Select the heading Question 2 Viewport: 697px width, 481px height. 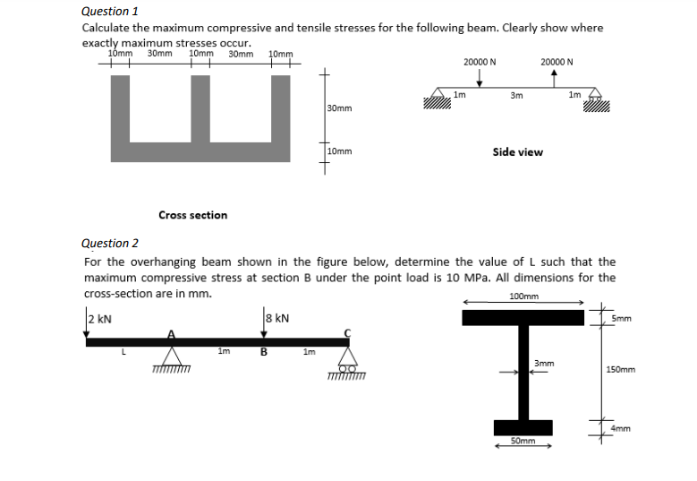(x=110, y=243)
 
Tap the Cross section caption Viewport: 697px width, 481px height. (x=192, y=215)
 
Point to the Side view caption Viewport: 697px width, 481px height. (x=517, y=152)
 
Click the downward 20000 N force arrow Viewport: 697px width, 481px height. (x=480, y=78)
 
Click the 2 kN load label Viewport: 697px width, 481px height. (x=99, y=319)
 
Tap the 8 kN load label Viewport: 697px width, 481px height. (x=277, y=318)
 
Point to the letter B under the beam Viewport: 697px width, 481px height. (x=263, y=352)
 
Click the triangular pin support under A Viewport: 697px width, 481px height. (x=169, y=356)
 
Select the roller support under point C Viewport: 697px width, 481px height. (x=348, y=358)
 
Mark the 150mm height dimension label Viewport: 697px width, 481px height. (x=620, y=369)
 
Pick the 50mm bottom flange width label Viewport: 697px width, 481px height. (x=522, y=441)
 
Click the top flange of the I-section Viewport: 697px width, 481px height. (x=523, y=317)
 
